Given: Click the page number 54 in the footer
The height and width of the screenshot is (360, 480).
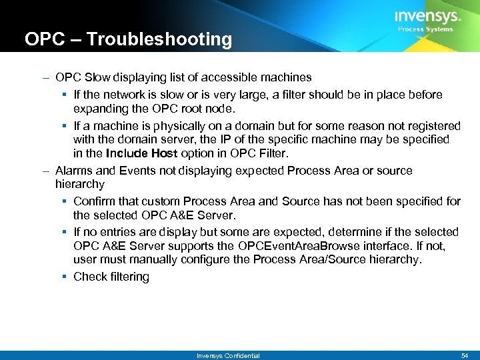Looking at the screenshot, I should [465, 355].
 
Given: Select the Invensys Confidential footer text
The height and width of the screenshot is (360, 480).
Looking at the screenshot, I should [228, 355].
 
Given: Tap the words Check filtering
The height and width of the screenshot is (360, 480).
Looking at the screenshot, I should [111, 277].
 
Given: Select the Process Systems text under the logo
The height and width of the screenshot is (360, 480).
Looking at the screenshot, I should [425, 29].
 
